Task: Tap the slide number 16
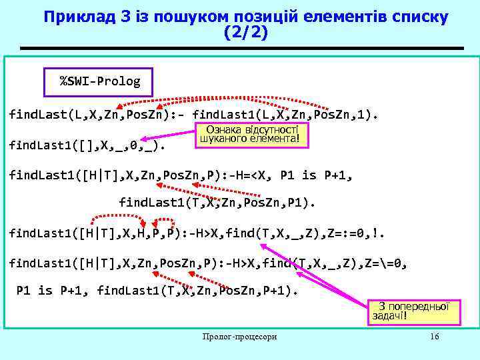435,337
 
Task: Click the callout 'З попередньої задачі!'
411,311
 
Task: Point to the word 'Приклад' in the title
75,15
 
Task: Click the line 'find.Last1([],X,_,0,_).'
87,143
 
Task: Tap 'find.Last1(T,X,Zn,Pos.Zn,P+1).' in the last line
197,290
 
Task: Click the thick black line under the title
241,49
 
